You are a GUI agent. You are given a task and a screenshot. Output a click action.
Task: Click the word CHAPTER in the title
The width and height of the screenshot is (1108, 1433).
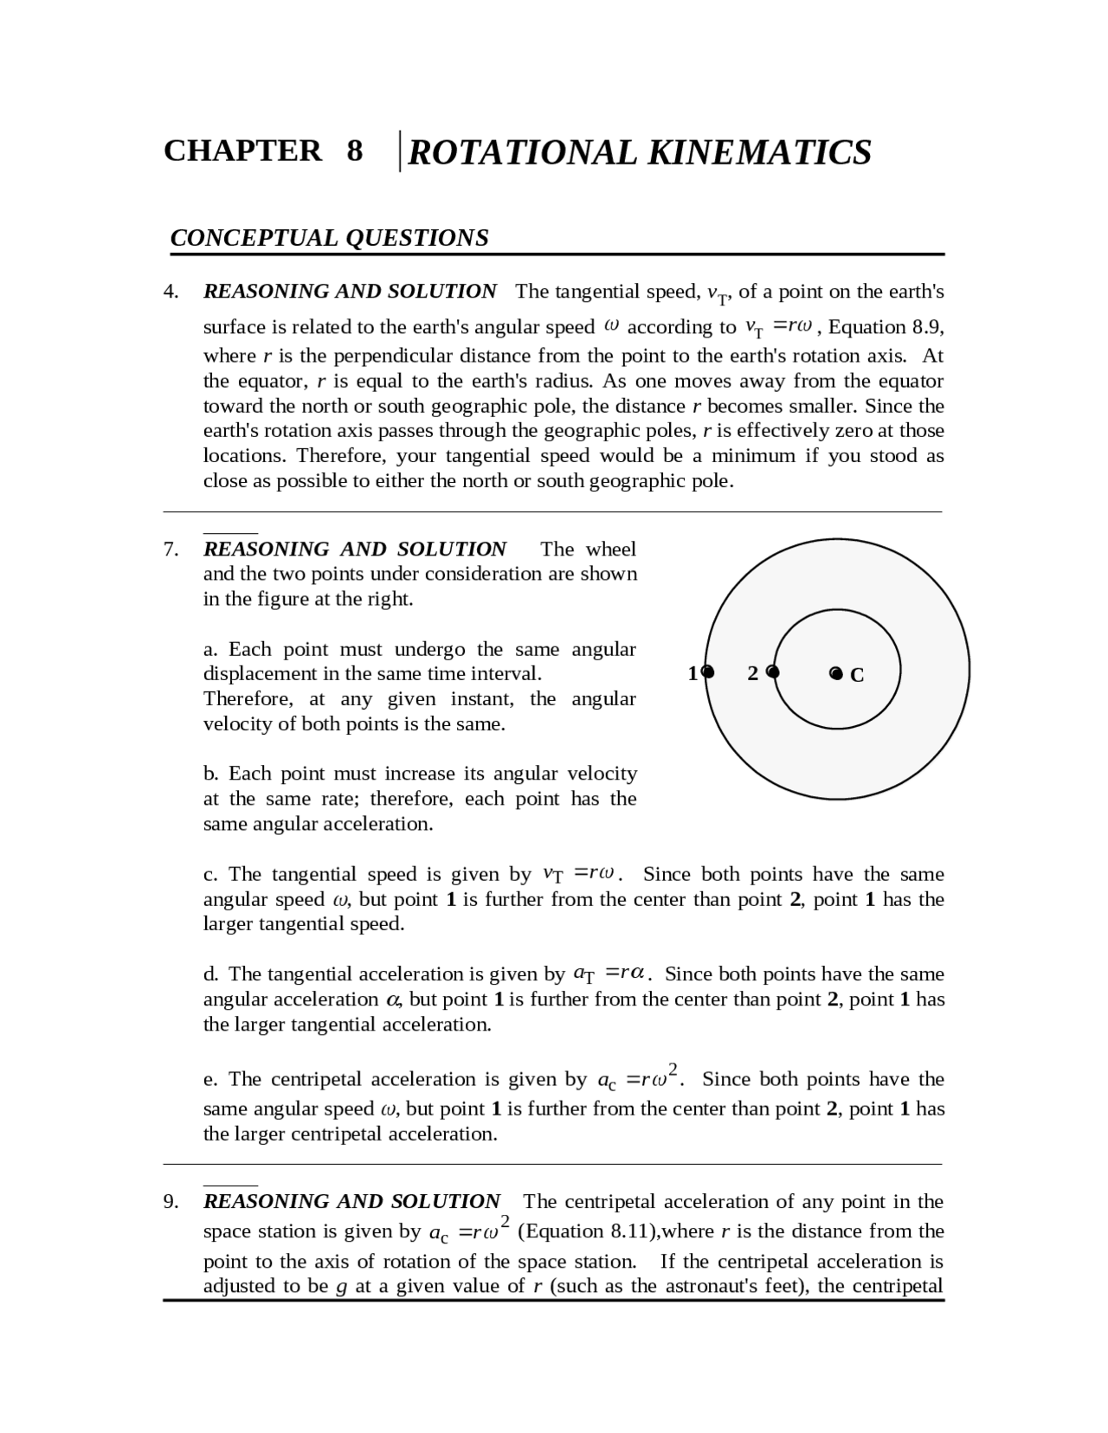[242, 151]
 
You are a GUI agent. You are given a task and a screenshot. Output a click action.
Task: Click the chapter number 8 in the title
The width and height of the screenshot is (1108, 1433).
[355, 151]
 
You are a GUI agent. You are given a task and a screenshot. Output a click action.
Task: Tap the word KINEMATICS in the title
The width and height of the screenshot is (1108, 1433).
[759, 152]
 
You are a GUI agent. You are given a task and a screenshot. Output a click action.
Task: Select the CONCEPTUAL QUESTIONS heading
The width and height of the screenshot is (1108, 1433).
[329, 238]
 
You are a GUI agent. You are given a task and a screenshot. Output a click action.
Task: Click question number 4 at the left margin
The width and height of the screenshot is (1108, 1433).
[171, 292]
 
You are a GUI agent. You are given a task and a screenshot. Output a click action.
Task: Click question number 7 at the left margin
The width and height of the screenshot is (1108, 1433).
[171, 549]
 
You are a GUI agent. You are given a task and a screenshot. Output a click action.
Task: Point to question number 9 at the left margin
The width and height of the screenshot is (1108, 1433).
[171, 1202]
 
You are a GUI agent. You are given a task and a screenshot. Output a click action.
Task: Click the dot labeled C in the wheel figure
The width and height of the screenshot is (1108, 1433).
[835, 673]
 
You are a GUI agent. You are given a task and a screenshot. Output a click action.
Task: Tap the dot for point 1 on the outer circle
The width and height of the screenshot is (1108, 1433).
[708, 672]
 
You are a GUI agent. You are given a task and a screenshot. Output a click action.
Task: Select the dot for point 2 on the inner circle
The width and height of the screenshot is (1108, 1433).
[773, 672]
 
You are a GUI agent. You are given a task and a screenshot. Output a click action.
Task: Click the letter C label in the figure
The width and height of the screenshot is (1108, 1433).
[857, 676]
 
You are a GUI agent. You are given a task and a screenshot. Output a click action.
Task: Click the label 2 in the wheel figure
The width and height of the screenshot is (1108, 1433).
[752, 673]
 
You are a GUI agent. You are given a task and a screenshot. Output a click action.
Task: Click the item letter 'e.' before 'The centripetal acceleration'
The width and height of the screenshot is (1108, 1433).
[211, 1080]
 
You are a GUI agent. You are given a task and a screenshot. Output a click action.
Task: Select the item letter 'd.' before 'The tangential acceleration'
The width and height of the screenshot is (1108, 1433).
[211, 974]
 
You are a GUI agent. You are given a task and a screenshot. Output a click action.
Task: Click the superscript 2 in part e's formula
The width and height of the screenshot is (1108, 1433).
[673, 1068]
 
